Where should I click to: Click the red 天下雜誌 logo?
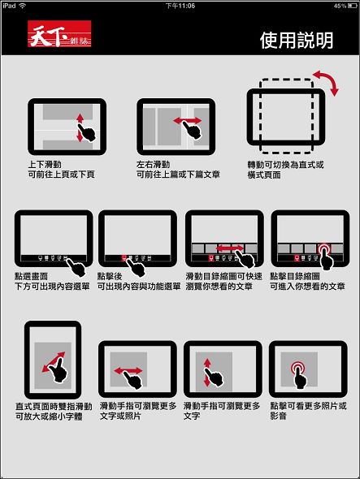pos(59,33)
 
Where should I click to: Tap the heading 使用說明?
pos(297,41)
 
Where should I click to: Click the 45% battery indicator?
pos(345,6)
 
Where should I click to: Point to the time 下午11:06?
pos(180,6)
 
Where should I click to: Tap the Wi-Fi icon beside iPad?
pos(22,6)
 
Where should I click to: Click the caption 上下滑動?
pos(45,164)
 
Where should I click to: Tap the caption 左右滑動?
pos(154,164)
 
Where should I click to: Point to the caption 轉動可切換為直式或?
pos(285,165)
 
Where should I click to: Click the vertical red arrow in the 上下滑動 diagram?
pos(80,127)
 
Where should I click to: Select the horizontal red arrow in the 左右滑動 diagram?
pos(188,121)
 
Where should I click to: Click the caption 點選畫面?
pos(31,276)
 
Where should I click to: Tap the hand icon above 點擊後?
pos(136,268)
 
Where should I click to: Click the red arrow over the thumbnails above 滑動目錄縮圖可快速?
pos(230,248)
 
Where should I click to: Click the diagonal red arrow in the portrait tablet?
pos(54,362)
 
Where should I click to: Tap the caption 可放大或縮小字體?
pos(49,416)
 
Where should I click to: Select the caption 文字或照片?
pos(120,416)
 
